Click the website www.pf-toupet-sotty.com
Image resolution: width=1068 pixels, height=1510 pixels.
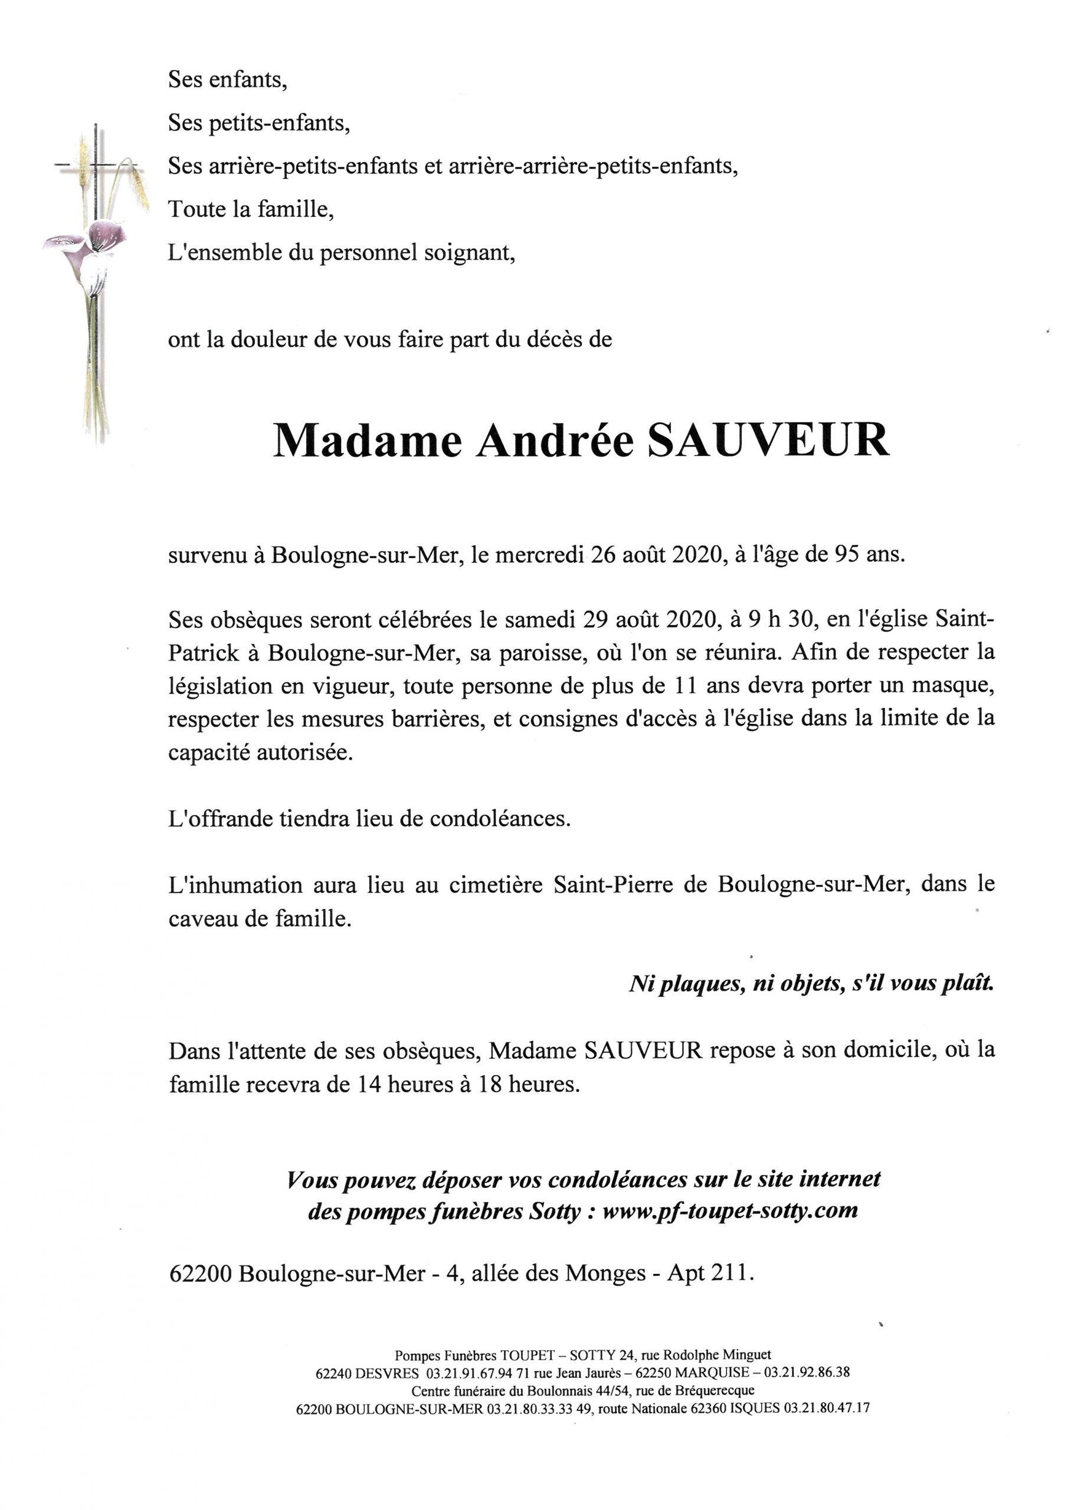(730, 1210)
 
